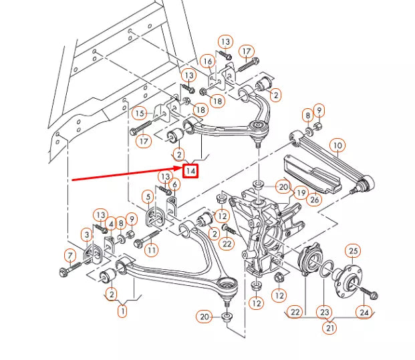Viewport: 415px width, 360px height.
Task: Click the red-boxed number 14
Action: click(x=191, y=171)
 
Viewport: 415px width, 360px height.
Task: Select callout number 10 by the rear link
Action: click(x=337, y=145)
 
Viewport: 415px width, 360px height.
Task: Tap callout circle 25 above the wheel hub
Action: click(x=353, y=250)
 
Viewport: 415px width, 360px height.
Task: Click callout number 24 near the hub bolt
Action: click(x=363, y=311)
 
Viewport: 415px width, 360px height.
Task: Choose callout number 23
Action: click(x=325, y=311)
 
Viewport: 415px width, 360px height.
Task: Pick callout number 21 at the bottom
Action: click(x=328, y=328)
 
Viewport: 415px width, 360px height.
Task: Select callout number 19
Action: click(x=299, y=192)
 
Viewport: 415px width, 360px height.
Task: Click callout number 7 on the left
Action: click(x=69, y=255)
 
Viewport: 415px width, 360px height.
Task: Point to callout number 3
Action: click(x=87, y=234)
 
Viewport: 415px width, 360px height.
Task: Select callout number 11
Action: click(x=152, y=250)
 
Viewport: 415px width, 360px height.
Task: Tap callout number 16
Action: click(x=207, y=61)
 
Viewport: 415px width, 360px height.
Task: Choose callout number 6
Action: click(x=174, y=185)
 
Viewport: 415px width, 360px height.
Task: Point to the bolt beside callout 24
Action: click(x=371, y=294)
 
